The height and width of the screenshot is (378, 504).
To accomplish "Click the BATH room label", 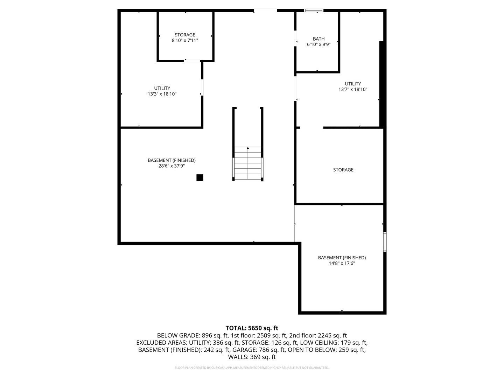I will point(318,39).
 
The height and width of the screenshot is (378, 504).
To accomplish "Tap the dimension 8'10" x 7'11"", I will point(185,41).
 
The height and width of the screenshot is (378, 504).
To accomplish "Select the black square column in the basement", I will point(200,178).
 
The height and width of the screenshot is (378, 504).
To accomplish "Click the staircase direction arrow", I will point(248,148).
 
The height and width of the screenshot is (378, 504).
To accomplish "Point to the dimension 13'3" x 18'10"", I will point(162,94).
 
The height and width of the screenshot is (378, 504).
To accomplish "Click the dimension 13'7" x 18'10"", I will point(353,89).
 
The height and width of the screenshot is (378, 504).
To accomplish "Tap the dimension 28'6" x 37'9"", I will point(171,166).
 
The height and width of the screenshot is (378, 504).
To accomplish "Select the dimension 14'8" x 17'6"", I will point(342,263).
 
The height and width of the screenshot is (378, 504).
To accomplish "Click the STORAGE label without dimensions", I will point(343,170).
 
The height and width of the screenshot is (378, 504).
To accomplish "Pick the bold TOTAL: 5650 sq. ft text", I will point(252,328).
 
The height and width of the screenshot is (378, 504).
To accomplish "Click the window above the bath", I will point(314,10).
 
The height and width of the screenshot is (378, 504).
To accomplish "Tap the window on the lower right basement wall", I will point(385,242).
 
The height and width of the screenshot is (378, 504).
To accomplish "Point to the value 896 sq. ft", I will point(215,335).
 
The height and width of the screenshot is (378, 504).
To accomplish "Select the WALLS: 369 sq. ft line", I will point(252,357).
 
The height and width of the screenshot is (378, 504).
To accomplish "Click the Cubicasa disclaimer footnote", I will point(252,368).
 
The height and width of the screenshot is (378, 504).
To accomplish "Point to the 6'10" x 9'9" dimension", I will point(318,44).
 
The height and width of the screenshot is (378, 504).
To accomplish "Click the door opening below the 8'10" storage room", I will point(192,61).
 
